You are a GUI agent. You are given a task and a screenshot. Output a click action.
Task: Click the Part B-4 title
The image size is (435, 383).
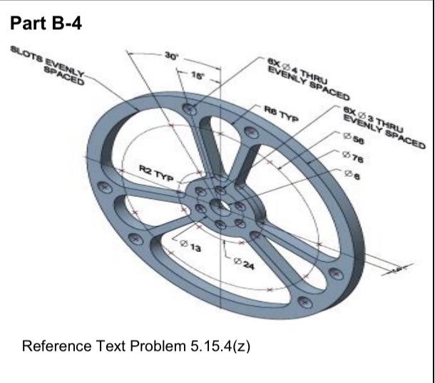tap(46, 24)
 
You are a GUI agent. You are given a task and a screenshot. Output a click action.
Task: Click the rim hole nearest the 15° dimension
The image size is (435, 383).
tap(190, 109)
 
